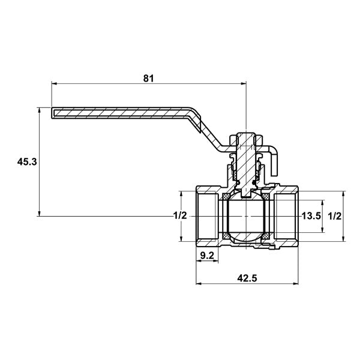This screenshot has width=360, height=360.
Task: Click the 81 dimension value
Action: click(x=148, y=79)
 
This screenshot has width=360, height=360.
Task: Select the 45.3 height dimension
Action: click(x=27, y=162)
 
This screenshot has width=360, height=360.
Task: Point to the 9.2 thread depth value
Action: click(x=207, y=256)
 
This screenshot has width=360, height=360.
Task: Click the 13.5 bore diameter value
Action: click(x=311, y=216)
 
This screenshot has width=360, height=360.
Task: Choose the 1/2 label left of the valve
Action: click(x=180, y=215)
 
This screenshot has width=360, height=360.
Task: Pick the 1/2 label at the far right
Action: click(x=335, y=216)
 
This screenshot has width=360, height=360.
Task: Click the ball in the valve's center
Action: click(x=246, y=217)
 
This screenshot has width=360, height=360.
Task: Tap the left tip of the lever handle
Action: click(x=52, y=113)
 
